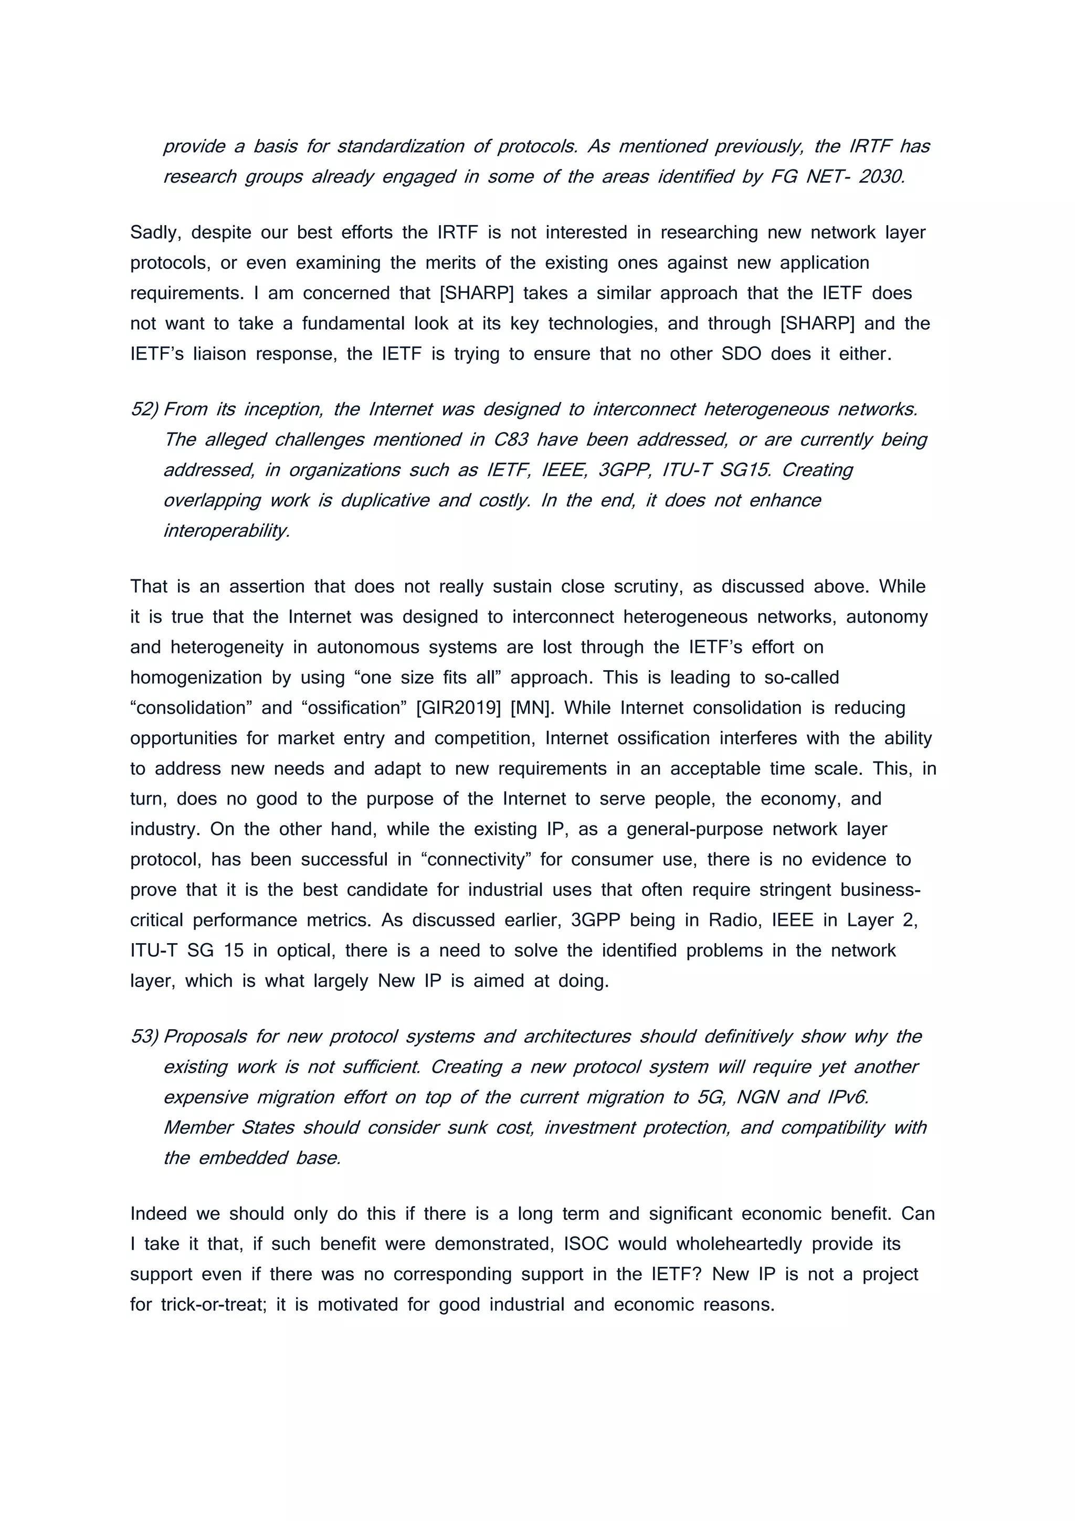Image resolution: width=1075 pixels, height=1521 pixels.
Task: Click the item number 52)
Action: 144,409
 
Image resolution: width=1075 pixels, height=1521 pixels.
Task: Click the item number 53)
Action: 144,1037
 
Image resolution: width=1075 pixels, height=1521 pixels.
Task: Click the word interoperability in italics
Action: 227,531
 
